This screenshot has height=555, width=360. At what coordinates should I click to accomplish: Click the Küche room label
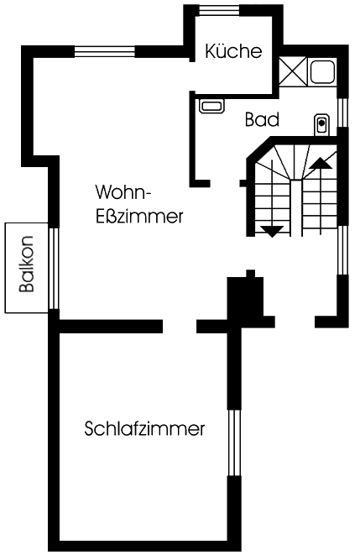coord(233,51)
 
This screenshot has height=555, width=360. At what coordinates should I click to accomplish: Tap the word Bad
coord(262,119)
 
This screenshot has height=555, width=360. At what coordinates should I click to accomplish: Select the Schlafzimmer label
coord(144,428)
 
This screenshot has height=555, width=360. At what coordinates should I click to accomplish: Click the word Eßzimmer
coord(139,217)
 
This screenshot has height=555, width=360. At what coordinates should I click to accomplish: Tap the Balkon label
coord(27,264)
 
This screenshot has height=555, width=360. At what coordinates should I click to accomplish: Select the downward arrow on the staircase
coord(272,198)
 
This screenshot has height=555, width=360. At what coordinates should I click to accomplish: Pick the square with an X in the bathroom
coord(293,71)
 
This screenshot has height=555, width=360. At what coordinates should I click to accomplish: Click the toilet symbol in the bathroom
coord(321,124)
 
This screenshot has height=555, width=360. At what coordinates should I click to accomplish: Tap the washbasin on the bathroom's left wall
coord(211,106)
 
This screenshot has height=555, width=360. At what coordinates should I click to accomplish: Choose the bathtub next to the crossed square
coord(322,71)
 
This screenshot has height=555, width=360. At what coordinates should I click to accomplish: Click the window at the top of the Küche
coord(219,10)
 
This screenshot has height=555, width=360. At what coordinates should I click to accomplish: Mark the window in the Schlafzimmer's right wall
coord(234,442)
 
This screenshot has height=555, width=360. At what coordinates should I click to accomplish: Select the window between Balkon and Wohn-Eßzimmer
coord(54,269)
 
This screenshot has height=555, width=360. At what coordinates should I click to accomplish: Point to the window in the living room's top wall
coord(105,52)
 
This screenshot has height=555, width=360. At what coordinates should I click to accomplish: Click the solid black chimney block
coord(245,296)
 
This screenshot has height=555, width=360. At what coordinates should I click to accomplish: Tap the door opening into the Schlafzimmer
coord(180,327)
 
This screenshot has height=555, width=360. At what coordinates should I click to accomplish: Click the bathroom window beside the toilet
coord(342,113)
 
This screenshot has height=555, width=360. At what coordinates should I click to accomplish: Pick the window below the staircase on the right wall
coord(343,250)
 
